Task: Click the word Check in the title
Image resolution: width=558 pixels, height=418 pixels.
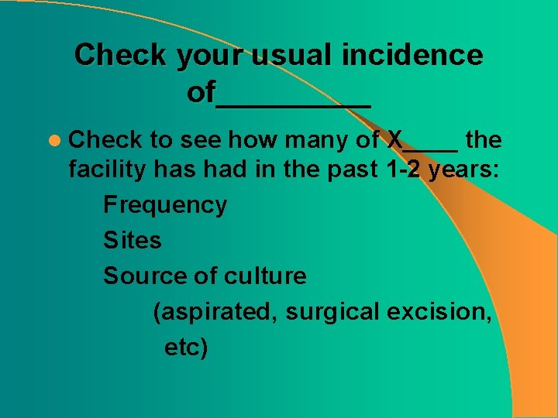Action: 120,55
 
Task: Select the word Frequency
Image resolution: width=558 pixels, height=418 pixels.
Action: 165,205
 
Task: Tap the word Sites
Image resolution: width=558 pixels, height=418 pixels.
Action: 133,240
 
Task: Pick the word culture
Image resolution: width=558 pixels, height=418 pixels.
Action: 265,276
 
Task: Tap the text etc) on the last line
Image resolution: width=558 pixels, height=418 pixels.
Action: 186,348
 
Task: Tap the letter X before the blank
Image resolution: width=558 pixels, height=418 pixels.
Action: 395,140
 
